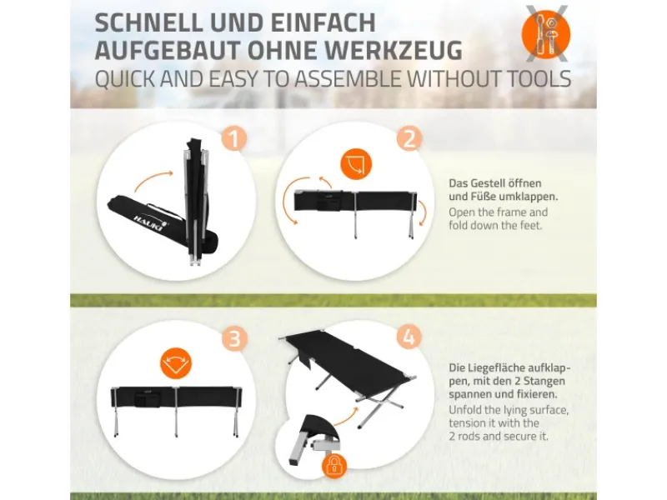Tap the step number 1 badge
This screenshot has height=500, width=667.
233,138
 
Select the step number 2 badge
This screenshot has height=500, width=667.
408,138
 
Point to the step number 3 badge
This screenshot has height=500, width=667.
234,339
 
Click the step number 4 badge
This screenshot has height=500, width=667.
408,337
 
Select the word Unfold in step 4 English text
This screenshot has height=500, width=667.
467,409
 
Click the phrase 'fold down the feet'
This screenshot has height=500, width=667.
494,225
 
